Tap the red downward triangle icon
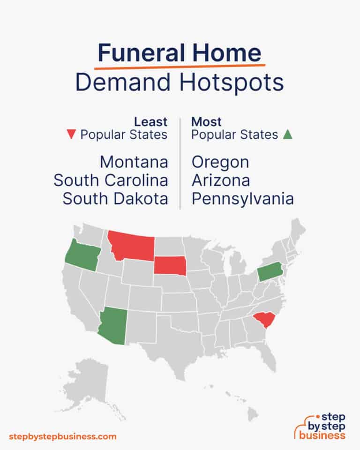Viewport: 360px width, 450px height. click(x=71, y=135)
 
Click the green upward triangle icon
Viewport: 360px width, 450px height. click(x=288, y=135)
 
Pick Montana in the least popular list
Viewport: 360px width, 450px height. click(x=134, y=162)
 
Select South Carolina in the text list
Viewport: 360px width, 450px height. click(x=111, y=180)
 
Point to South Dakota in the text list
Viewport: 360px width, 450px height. click(x=115, y=198)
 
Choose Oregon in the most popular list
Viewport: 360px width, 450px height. click(x=220, y=162)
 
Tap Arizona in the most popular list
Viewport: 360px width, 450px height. click(x=221, y=180)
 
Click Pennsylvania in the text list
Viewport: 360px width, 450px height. click(x=243, y=198)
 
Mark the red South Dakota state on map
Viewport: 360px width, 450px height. click(x=170, y=266)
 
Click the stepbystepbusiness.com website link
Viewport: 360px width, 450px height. click(x=62, y=436)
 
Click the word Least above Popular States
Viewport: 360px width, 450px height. click(x=151, y=122)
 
